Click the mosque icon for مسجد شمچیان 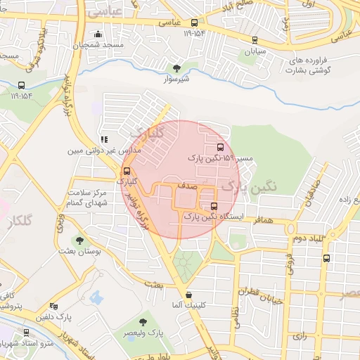click(x=98, y=34)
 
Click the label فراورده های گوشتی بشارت click(x=310, y=66)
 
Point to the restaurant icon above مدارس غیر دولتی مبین click(x=104, y=140)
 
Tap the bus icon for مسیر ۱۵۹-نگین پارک click(x=221, y=148)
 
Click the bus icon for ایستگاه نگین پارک click(x=214, y=207)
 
